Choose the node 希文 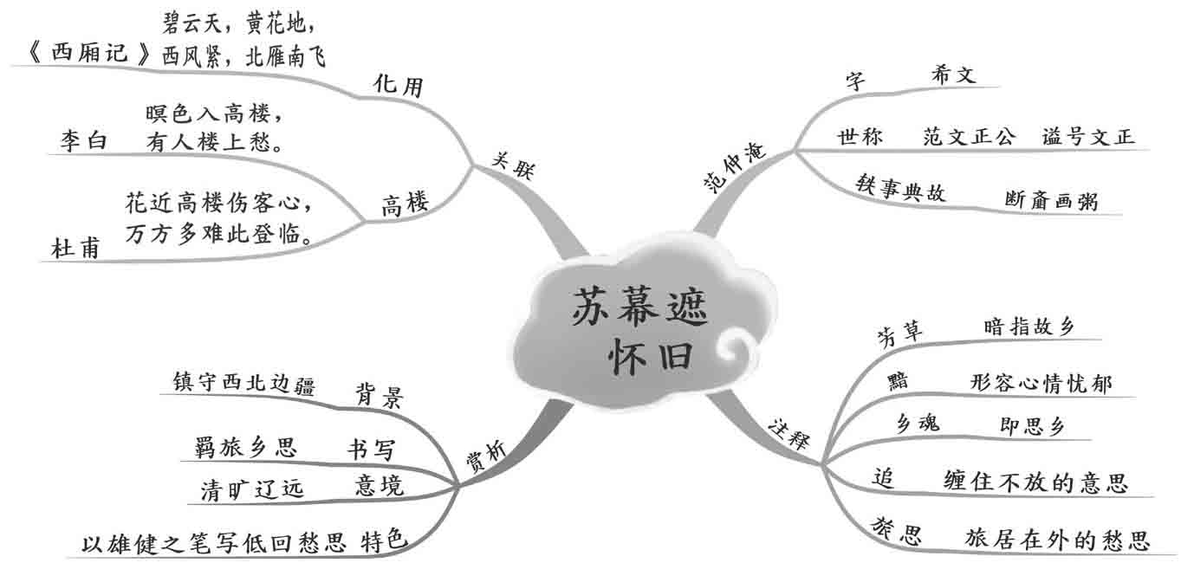(953, 74)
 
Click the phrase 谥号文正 (1088, 137)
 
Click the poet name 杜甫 (75, 249)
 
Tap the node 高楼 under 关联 (405, 204)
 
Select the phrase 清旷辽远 (252, 490)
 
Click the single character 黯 (898, 382)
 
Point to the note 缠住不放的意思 (1035, 482)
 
